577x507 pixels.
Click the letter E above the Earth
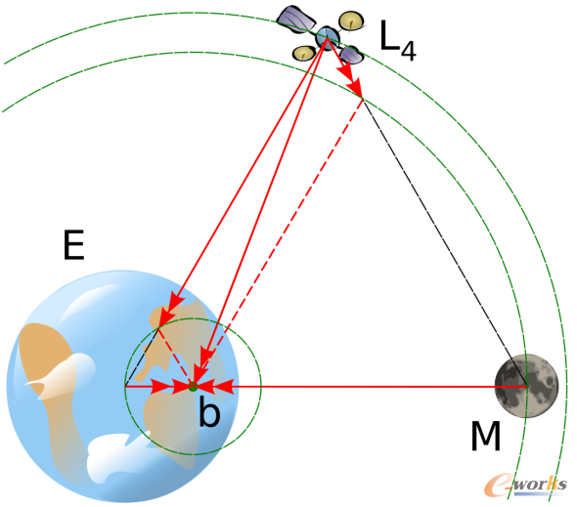coord(74,245)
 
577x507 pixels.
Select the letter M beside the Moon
coord(486,436)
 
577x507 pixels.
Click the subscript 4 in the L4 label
coord(409,51)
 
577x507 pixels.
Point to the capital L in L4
coord(389,35)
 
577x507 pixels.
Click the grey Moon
coord(526,386)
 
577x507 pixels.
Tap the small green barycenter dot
coord(193,386)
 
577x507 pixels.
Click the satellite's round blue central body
coord(328,37)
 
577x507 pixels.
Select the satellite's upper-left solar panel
coord(295,20)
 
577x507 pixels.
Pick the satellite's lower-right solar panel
coord(351,55)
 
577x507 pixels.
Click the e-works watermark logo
coord(525,485)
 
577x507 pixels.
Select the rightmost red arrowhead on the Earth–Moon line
coord(223,386)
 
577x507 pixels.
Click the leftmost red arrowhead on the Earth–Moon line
coord(162,386)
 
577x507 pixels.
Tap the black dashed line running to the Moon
coord(445,242)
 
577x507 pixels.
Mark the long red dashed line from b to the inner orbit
coord(278,242)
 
